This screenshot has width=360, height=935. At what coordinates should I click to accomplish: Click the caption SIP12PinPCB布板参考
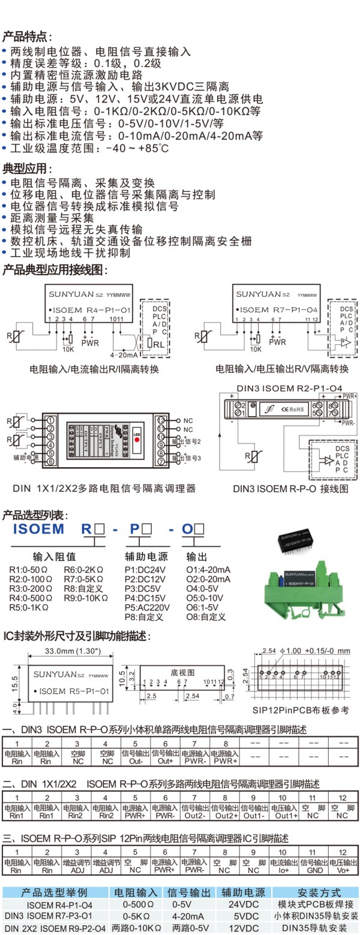coord(300,710)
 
